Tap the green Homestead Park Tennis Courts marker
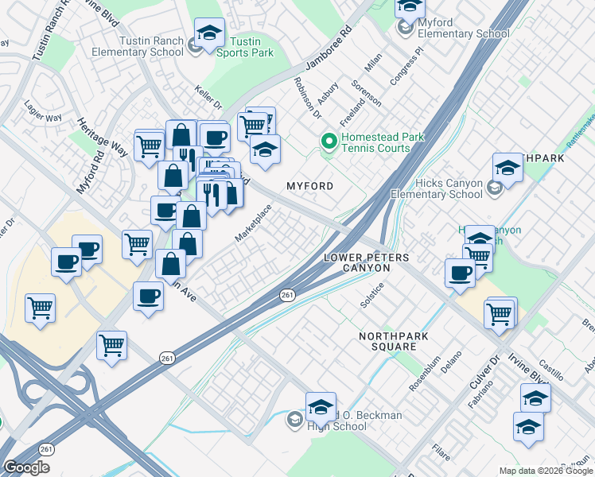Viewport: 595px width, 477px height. pyautogui.click(x=326, y=142)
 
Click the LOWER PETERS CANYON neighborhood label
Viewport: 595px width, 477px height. pyautogui.click(x=367, y=263)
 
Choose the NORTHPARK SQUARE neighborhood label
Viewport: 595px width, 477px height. pyautogui.click(x=394, y=342)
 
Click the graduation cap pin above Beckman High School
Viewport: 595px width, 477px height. pyautogui.click(x=321, y=407)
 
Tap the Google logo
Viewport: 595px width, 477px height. pyautogui.click(x=27, y=467)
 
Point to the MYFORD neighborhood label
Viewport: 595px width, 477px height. pyautogui.click(x=309, y=185)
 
